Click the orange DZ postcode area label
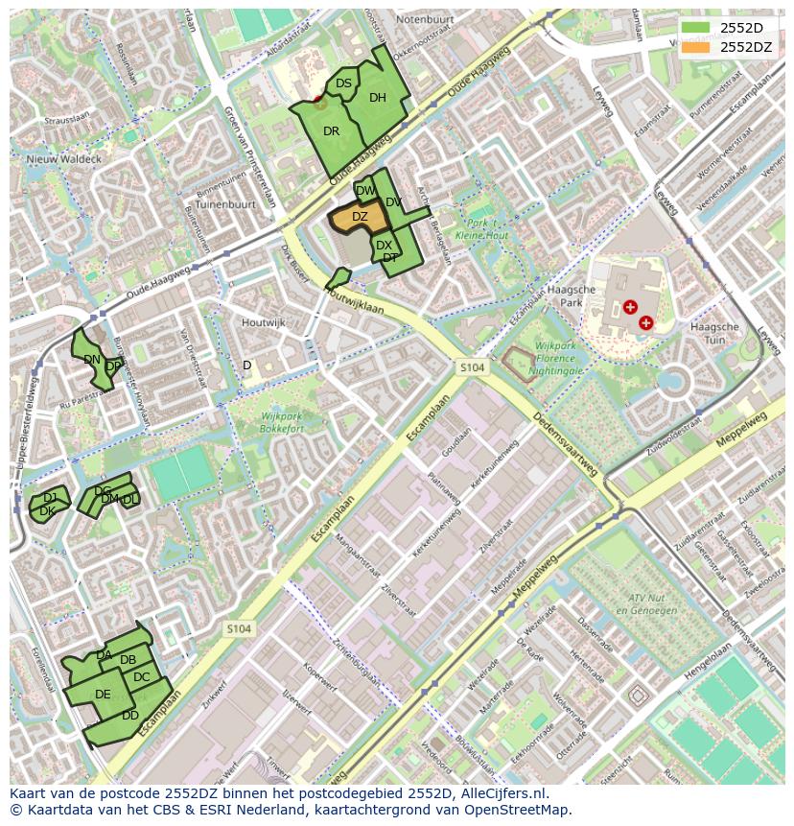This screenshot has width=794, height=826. click(360, 217)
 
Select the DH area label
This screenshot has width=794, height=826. click(378, 97)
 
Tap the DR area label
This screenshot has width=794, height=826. click(332, 131)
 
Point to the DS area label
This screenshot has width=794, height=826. click(343, 83)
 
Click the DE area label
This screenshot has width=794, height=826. click(103, 695)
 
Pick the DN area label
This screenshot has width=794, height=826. click(92, 360)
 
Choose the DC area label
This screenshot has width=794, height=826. click(142, 677)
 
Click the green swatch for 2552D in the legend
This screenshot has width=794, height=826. click(696, 27)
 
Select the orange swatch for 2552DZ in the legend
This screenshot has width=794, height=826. click(696, 46)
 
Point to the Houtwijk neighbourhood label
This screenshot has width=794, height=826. click(264, 323)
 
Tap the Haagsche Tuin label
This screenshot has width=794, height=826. click(714, 333)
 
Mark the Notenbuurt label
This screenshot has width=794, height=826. click(424, 19)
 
